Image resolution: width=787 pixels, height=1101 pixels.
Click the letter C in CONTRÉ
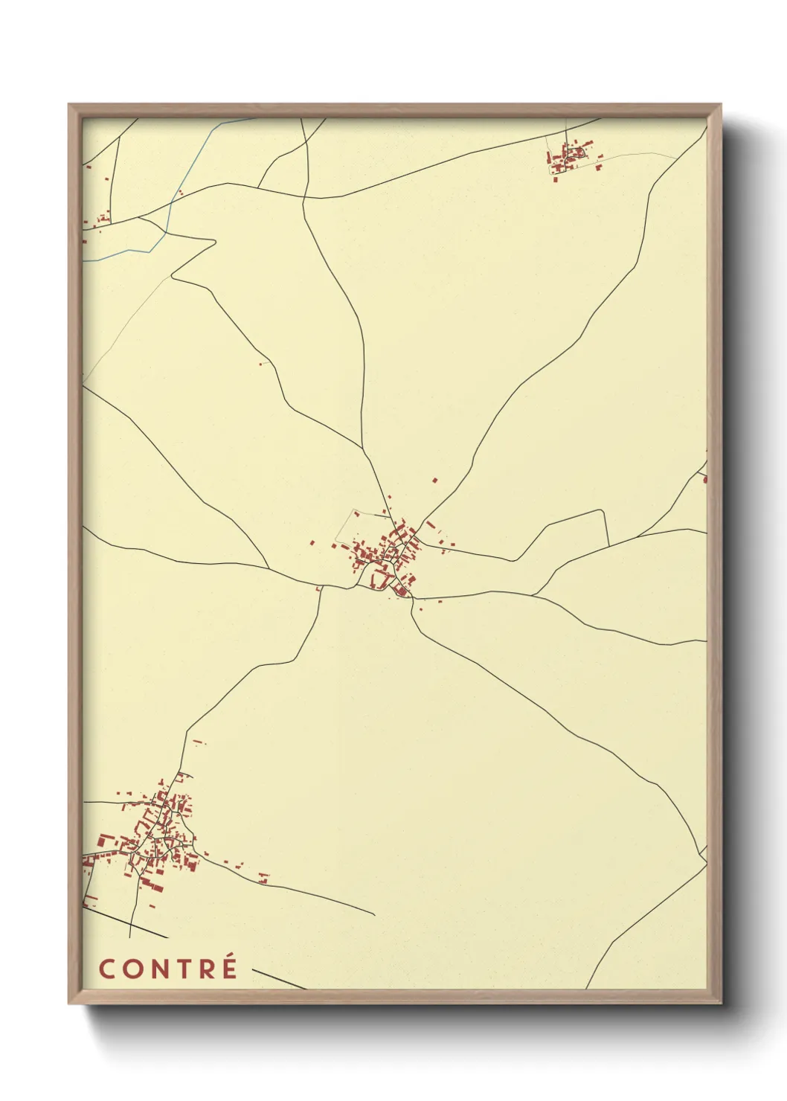[x=107, y=969]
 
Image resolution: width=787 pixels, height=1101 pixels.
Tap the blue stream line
[x=169, y=216]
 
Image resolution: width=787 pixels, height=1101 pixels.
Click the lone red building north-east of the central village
[x=435, y=481]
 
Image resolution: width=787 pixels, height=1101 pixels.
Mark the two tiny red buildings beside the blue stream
[x=179, y=193]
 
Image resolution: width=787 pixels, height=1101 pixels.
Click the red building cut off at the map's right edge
[x=704, y=478]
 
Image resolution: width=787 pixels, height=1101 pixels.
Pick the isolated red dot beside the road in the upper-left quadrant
[x=260, y=364]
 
